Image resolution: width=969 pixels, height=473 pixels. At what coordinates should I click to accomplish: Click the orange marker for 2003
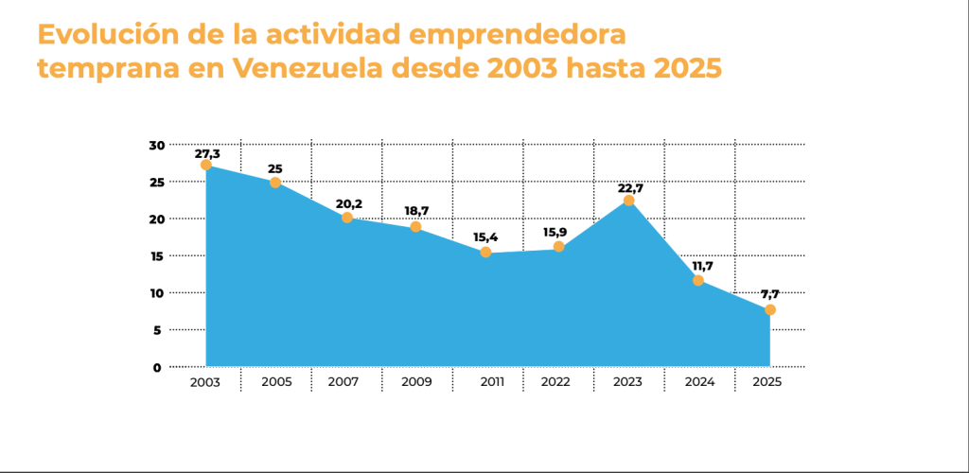(x=205, y=165)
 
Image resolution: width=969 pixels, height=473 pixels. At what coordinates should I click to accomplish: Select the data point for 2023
(x=628, y=201)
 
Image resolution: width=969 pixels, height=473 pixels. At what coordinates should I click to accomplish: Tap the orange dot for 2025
(x=770, y=310)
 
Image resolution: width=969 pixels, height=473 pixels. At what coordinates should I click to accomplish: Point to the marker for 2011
(x=485, y=253)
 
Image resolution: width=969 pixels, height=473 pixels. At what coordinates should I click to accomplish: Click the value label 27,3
(x=207, y=152)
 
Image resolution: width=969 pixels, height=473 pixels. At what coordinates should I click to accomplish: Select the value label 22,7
(x=630, y=188)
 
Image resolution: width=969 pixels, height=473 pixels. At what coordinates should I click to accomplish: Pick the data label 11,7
(x=700, y=267)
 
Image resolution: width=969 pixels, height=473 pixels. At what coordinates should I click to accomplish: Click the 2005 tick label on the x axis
(x=275, y=382)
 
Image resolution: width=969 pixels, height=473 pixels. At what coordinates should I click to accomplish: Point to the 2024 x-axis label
(x=698, y=382)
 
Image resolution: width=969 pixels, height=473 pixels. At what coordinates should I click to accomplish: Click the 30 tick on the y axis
(x=156, y=145)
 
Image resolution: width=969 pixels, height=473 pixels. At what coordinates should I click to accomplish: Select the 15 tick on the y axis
(x=156, y=255)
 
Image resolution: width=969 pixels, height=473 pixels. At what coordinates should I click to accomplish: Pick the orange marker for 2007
(x=347, y=218)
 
